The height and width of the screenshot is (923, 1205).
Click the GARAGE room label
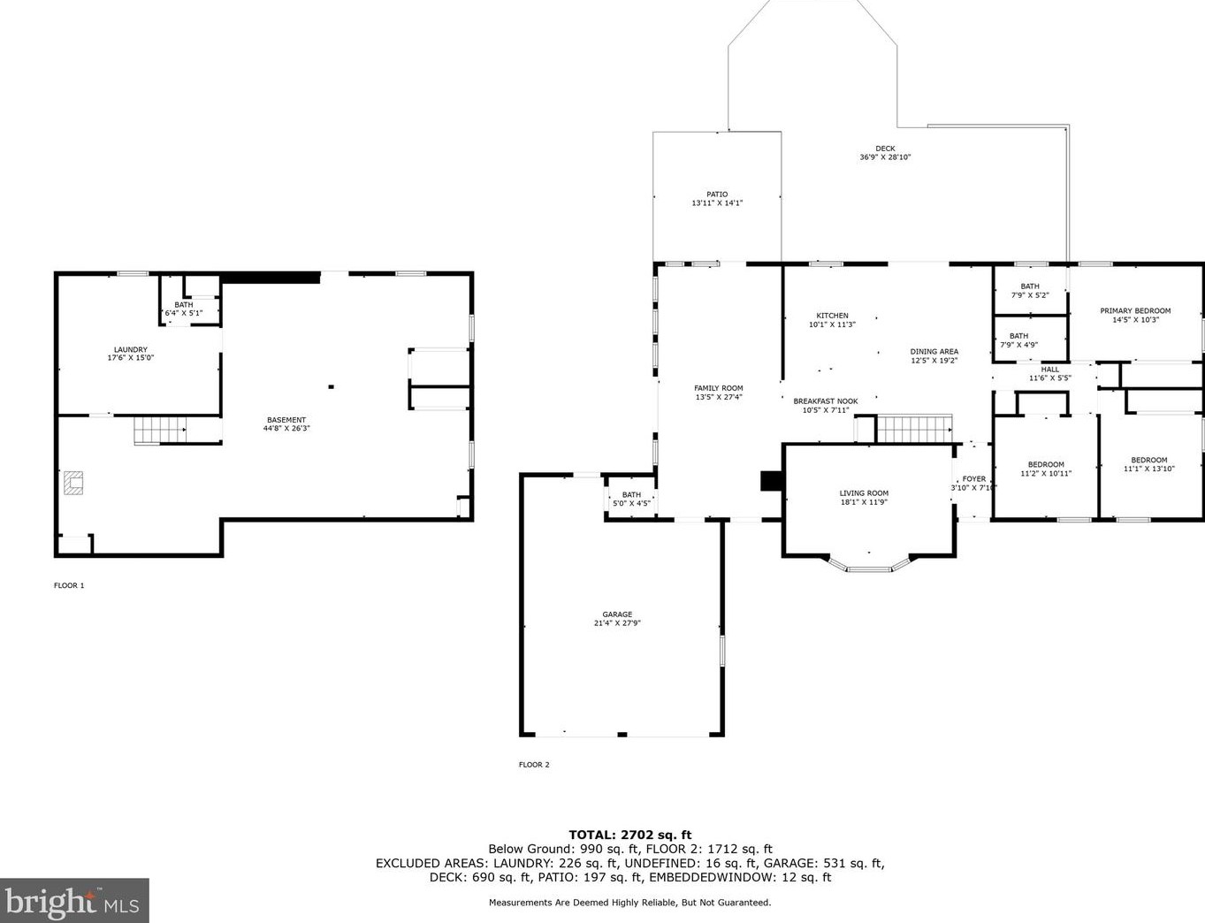[x=617, y=614]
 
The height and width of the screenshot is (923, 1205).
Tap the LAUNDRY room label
[x=131, y=349]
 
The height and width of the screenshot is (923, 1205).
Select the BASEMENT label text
[x=286, y=420]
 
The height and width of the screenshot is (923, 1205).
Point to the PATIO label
[x=717, y=194]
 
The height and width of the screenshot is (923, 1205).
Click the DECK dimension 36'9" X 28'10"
[x=885, y=156]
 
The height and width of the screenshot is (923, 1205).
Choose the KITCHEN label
[x=832, y=316]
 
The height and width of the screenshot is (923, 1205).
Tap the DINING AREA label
[x=934, y=352]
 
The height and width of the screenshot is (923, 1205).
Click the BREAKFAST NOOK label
[x=826, y=400]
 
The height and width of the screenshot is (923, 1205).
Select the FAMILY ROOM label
[x=719, y=388]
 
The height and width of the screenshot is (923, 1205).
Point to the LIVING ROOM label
[x=864, y=492]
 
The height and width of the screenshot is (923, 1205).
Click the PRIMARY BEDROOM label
[x=1136, y=310]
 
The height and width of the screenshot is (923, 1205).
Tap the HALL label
[x=1050, y=370]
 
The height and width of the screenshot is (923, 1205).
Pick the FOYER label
[x=974, y=478]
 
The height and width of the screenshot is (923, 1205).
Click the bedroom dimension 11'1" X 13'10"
[x=1149, y=469]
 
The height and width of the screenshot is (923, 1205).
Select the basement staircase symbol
[x=160, y=431]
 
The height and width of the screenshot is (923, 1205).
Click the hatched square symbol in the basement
[x=73, y=483]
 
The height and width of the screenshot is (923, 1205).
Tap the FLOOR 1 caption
[x=69, y=585]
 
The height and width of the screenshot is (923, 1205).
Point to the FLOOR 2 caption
[x=534, y=765]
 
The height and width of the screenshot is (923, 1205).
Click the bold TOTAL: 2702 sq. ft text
[x=630, y=835]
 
